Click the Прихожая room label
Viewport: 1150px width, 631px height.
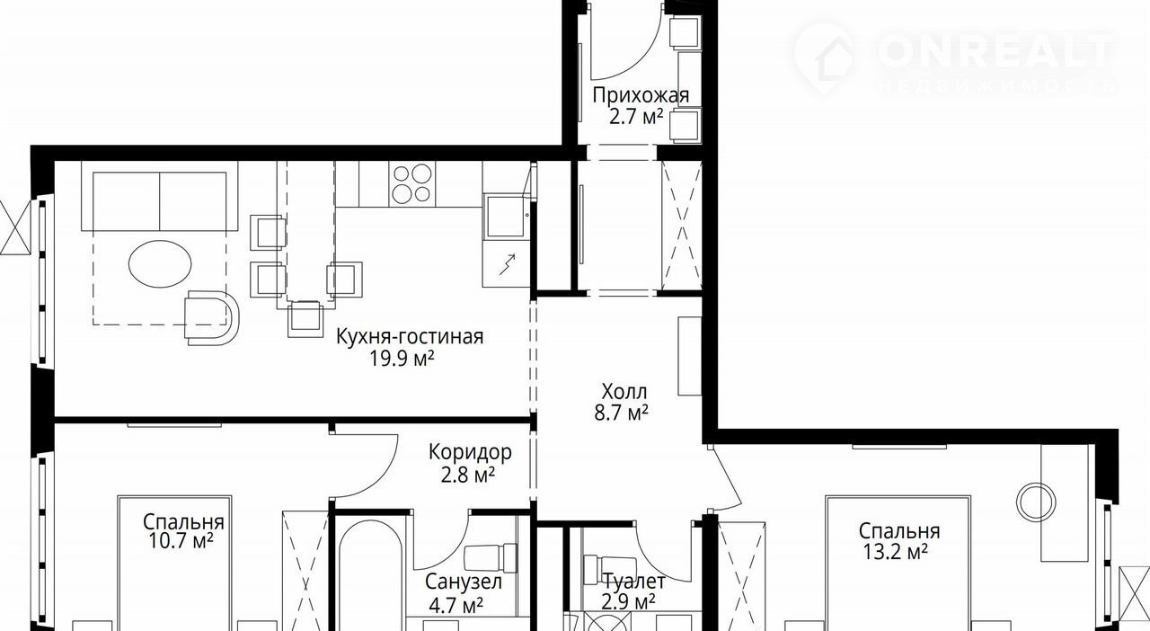click(x=641, y=95)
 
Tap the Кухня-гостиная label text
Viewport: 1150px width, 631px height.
click(x=410, y=337)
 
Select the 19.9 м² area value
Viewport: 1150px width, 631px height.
click(x=402, y=359)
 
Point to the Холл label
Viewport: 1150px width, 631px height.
click(x=624, y=392)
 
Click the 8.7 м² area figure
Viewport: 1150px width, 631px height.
click(x=621, y=413)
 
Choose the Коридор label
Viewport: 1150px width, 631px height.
click(x=470, y=453)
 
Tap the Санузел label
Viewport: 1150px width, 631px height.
click(x=464, y=582)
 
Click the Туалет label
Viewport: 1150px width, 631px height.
click(x=634, y=582)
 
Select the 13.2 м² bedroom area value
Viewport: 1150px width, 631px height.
click(x=895, y=553)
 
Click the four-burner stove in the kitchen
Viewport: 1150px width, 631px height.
click(x=411, y=184)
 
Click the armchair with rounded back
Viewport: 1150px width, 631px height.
click(x=211, y=317)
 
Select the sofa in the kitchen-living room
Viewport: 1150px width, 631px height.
click(x=160, y=196)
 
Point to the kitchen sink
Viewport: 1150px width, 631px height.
click(x=506, y=217)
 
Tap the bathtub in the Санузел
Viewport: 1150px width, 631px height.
click(x=371, y=575)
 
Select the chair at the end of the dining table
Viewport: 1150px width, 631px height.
click(x=305, y=318)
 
